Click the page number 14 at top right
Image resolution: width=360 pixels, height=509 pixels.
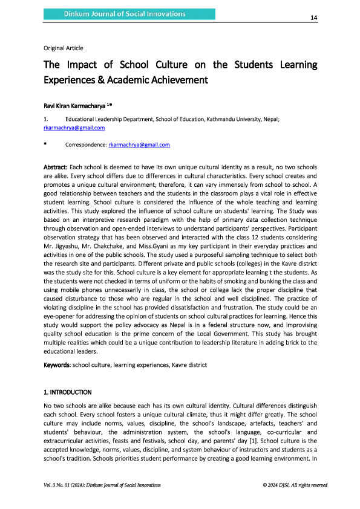pyautogui.click(x=313, y=18)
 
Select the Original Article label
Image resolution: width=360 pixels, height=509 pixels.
pyautogui.click(x=64, y=48)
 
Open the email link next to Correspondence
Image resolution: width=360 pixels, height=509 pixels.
pyautogui.click(x=139, y=145)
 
